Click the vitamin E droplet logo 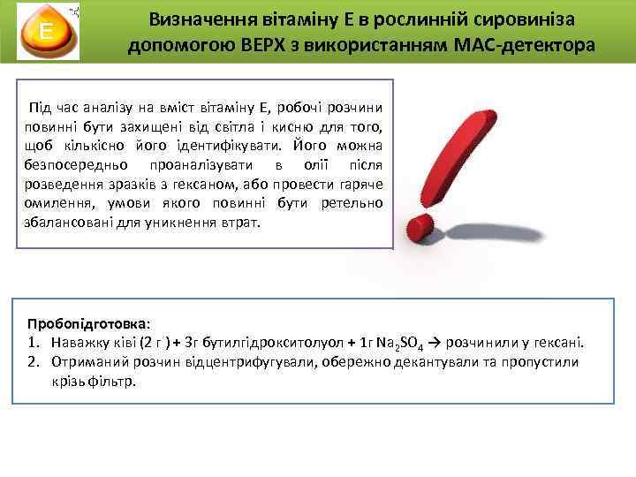tap(43, 33)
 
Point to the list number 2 tap(32, 362)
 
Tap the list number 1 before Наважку tap(32, 343)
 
